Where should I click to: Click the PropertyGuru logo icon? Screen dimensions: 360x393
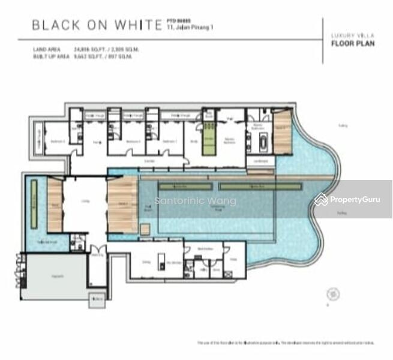click(x=322, y=199)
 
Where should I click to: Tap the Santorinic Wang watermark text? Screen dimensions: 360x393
click(x=196, y=201)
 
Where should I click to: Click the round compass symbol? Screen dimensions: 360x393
click(x=331, y=294)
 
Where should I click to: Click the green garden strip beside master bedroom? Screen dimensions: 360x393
click(x=209, y=139)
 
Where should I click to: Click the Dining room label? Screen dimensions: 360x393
click(x=146, y=262)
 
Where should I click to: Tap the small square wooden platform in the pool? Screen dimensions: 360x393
click(x=145, y=229)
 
